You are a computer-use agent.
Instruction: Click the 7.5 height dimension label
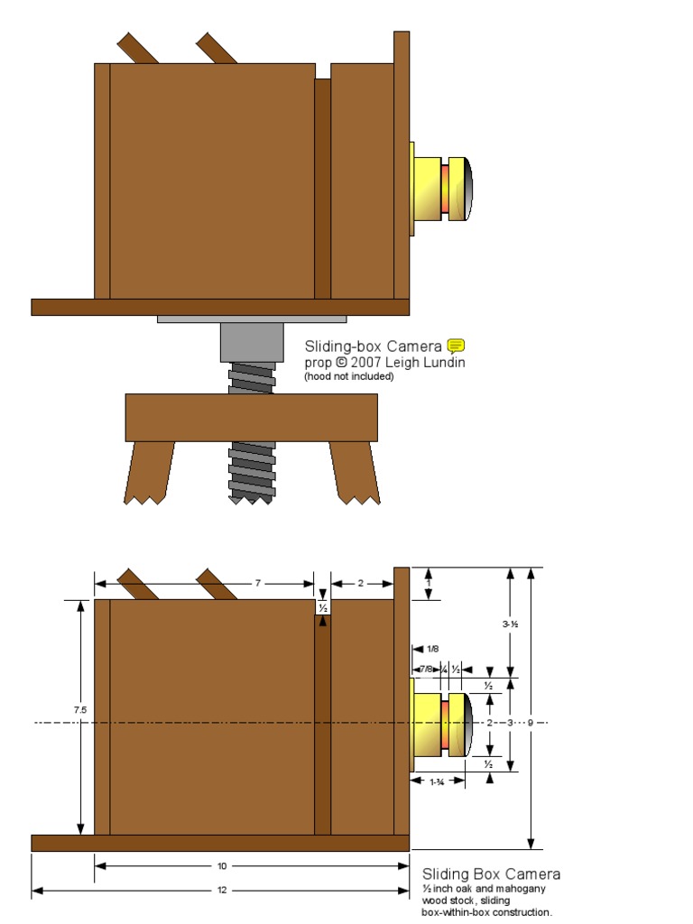pos(80,710)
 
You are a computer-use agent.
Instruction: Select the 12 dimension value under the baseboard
pos(222,891)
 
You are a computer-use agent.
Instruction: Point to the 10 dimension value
pos(222,866)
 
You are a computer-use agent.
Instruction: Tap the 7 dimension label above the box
pos(257,584)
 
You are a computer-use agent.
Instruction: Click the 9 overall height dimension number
pos(530,723)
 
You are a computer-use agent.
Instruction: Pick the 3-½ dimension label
pos(511,623)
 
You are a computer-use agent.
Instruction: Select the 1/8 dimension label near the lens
pos(433,649)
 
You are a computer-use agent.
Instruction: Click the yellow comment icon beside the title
pos(456,346)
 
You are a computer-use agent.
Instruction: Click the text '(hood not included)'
pos(348,377)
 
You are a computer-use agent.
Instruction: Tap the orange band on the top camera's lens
pos(445,189)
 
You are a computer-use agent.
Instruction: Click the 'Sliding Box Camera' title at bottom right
pos(491,873)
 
